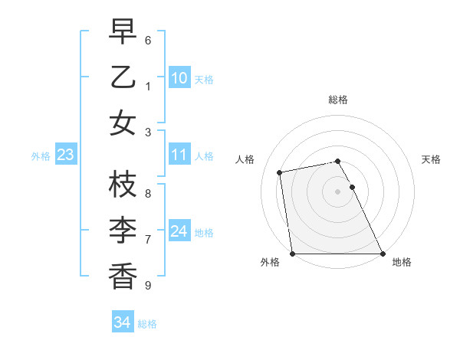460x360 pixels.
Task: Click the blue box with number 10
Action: coord(179,78)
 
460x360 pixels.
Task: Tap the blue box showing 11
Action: coord(179,155)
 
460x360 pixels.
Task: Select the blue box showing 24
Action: coord(179,231)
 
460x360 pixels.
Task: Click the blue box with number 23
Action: coord(66,155)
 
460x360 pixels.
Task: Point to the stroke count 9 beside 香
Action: coord(148,286)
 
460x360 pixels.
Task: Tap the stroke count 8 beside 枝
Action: coord(148,194)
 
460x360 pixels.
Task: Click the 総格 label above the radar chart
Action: coord(337,100)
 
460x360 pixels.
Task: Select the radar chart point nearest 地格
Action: coord(382,254)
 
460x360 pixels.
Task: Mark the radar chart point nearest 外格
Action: coord(292,254)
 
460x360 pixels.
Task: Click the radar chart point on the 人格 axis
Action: coord(280,172)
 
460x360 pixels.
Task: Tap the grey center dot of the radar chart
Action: coord(337,191)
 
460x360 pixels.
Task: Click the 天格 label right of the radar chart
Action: coord(432,159)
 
